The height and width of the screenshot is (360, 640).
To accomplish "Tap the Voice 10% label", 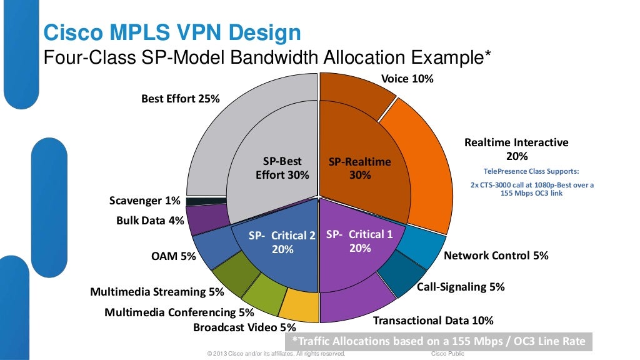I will tap(407, 79).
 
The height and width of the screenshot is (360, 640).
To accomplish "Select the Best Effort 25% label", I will tap(180, 98).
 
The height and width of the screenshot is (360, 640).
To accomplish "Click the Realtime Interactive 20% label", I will tap(516, 149).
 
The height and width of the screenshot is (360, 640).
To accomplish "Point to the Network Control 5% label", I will tap(496, 255).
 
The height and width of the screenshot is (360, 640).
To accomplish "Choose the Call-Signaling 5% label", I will tap(461, 287).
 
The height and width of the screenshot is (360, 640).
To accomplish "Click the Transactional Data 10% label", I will tap(433, 321).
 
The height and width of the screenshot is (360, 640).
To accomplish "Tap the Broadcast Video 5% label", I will tap(244, 327).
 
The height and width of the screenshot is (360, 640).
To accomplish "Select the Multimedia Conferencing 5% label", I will tap(179, 312).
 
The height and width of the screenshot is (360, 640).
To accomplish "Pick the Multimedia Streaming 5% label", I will tap(157, 291).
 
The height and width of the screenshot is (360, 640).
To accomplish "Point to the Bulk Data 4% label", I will tap(150, 221).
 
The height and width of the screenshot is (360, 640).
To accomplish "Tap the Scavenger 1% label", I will tap(144, 201).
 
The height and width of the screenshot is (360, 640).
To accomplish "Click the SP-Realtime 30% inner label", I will tap(359, 168).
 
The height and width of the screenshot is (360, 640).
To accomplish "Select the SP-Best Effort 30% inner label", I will tap(282, 168).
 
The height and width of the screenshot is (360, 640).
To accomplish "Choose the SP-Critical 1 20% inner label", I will tap(360, 241).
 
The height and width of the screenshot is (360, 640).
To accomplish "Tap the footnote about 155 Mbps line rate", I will tap(438, 341).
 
